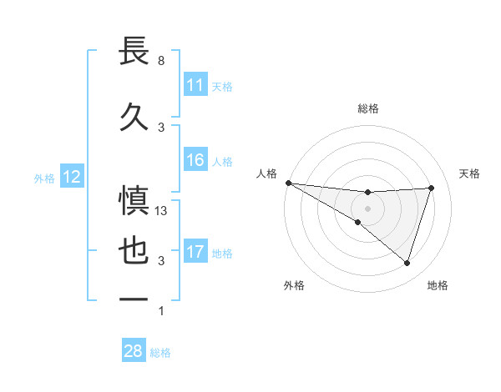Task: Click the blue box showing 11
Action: pyautogui.click(x=195, y=84)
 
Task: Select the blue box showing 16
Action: pyautogui.click(x=195, y=161)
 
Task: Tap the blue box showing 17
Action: pyautogui.click(x=195, y=252)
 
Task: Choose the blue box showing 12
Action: pyautogui.click(x=71, y=177)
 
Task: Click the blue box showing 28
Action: pyautogui.click(x=133, y=351)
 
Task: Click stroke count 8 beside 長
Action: pyautogui.click(x=160, y=62)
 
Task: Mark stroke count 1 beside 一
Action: pyautogui.click(x=160, y=311)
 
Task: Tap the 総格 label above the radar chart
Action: pyautogui.click(x=367, y=108)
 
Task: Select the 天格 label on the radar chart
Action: pyautogui.click(x=470, y=173)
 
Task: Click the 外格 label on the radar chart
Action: pyautogui.click(x=294, y=285)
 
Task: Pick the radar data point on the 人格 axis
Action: pyautogui.click(x=288, y=182)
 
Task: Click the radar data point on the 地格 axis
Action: pyautogui.click(x=407, y=263)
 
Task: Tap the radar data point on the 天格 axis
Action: pyautogui.click(x=431, y=188)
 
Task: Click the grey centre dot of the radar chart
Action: pyautogui.click(x=367, y=208)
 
